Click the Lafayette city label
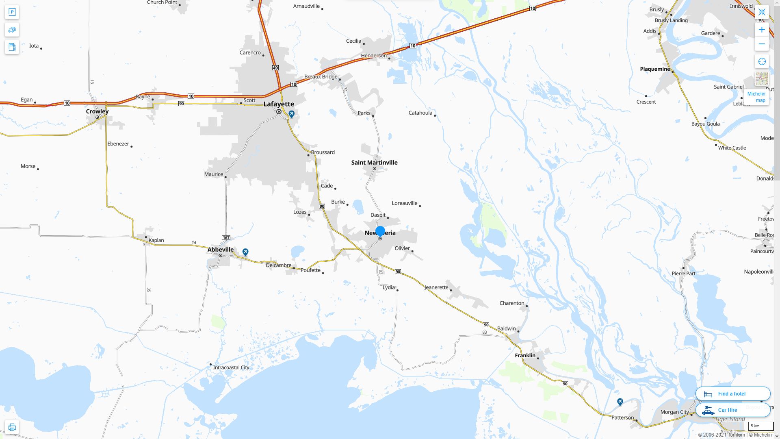pyautogui.click(x=279, y=104)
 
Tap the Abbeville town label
pyautogui.click(x=221, y=250)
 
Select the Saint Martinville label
pyautogui.click(x=374, y=163)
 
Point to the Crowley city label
pyautogui.click(x=97, y=111)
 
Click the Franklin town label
pyautogui.click(x=525, y=355)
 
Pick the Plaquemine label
pyautogui.click(x=655, y=69)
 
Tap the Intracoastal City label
pyautogui.click(x=231, y=367)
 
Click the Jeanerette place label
pyautogui.click(x=436, y=287)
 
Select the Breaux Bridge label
pyautogui.click(x=321, y=77)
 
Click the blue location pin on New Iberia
pyautogui.click(x=380, y=231)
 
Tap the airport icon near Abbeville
pyautogui.click(x=245, y=252)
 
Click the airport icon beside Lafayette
pyautogui.click(x=291, y=114)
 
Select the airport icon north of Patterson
pyautogui.click(x=620, y=402)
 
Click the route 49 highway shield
pyautogui.click(x=275, y=68)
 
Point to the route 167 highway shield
pyautogui.click(x=226, y=237)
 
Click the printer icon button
pyautogui.click(x=12, y=427)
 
